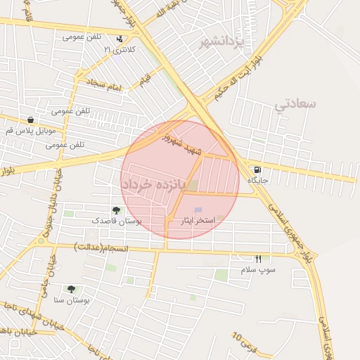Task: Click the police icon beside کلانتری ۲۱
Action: pyautogui.click(x=120, y=39)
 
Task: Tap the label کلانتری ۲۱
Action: pyautogui.click(x=117, y=51)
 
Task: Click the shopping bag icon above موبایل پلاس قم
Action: pyautogui.click(x=30, y=120)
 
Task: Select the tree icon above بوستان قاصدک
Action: pyautogui.click(x=116, y=210)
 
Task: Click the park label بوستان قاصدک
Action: pyautogui.click(x=117, y=221)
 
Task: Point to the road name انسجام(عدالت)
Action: pyautogui.click(x=101, y=247)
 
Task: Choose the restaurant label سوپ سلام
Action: pyautogui.click(x=258, y=270)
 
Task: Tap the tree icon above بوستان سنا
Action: pyautogui.click(x=71, y=289)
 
